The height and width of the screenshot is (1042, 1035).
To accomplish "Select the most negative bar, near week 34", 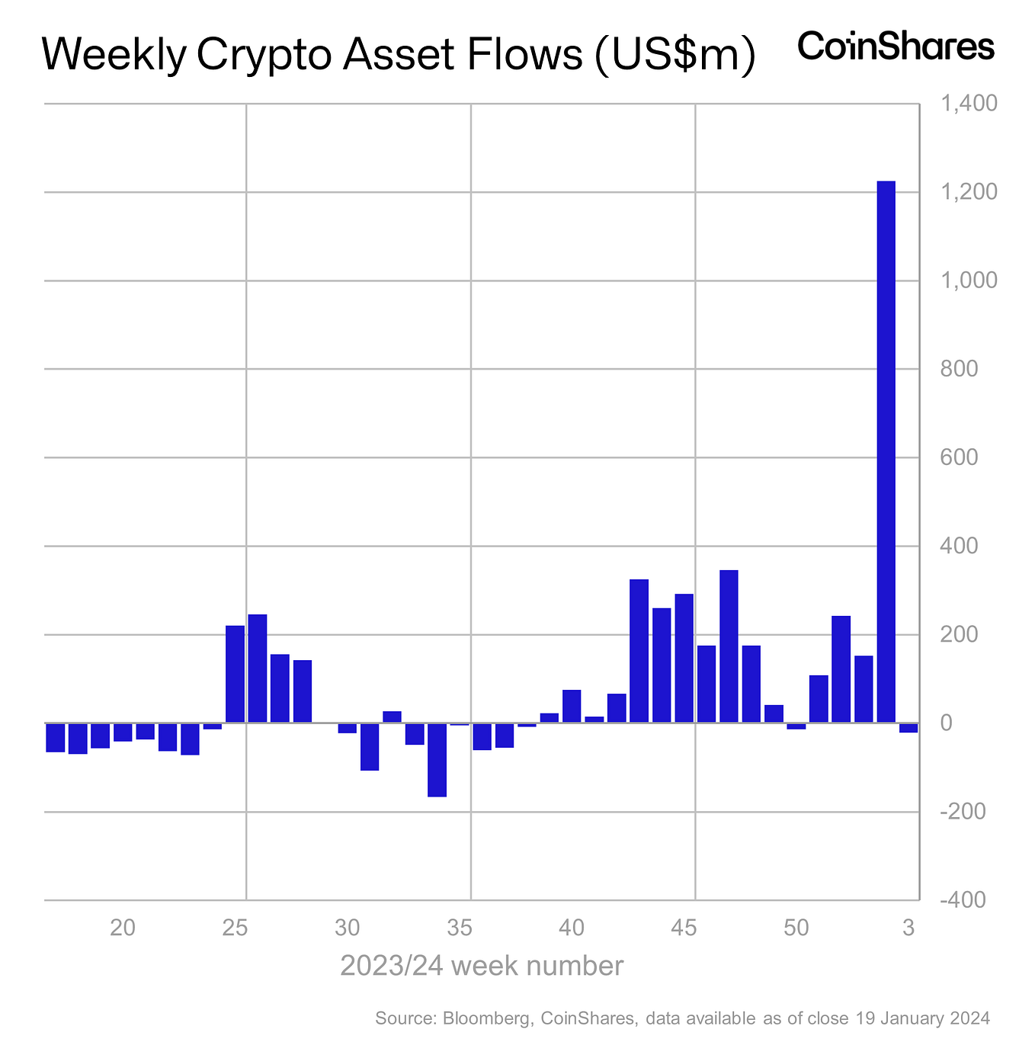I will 437,759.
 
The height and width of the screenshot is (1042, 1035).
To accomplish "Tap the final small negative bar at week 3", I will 908,728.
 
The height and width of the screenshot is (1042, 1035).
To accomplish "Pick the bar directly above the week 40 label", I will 572,707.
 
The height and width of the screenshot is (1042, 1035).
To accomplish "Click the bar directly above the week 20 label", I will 123,732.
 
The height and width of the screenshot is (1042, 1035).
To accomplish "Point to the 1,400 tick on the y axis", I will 969,104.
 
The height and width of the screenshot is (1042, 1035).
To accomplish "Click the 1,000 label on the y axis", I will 969,281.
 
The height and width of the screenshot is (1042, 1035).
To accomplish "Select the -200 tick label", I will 965,812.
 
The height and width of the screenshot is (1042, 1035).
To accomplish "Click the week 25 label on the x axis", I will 236,928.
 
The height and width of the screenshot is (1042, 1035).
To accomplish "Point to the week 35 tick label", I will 460,928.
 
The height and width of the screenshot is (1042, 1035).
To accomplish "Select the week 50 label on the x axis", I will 796,928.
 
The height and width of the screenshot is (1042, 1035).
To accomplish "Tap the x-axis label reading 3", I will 908,928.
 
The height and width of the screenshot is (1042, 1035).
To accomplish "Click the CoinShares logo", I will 896,47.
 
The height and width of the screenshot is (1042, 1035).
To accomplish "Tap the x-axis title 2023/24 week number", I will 482,966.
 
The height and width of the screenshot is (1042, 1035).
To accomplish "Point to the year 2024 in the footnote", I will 969,1018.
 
